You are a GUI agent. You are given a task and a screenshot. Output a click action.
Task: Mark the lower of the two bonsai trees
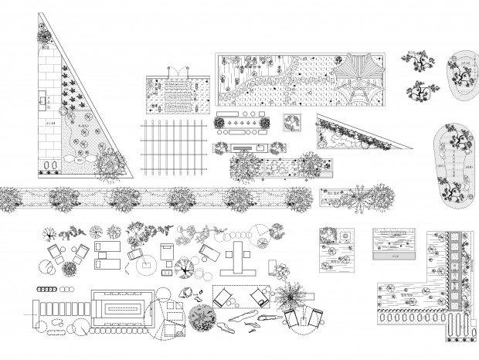(421, 93)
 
